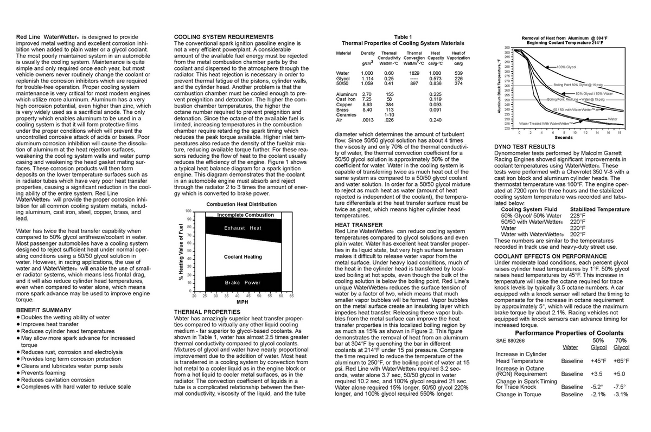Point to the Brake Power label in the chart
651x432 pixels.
coord(242,282)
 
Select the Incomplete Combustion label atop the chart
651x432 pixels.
coord(245,215)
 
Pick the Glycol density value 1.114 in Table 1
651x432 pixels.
coord(367,78)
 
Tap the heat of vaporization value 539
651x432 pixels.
coord(458,73)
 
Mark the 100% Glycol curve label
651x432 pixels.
coord(567,66)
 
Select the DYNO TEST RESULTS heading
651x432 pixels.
coord(524,146)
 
